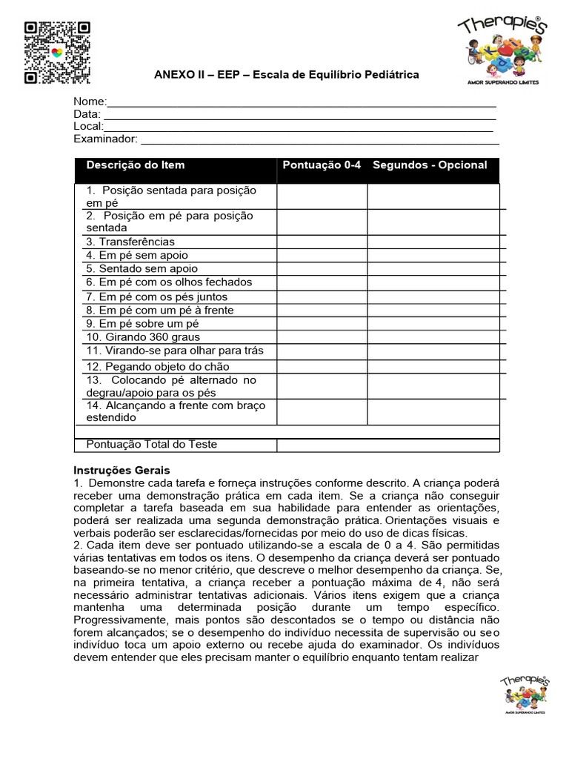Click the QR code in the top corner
(57, 52)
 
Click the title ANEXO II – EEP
(286, 75)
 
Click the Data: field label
(87, 114)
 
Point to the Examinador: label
(105, 139)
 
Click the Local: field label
(88, 126)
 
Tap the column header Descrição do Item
(136, 165)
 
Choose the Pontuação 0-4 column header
(322, 165)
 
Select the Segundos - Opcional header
(430, 165)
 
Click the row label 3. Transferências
(130, 242)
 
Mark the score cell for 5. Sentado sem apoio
(322, 269)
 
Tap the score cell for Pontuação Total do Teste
(387, 445)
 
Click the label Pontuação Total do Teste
(152, 445)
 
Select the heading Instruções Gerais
(122, 471)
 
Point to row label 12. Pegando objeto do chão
(158, 367)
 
